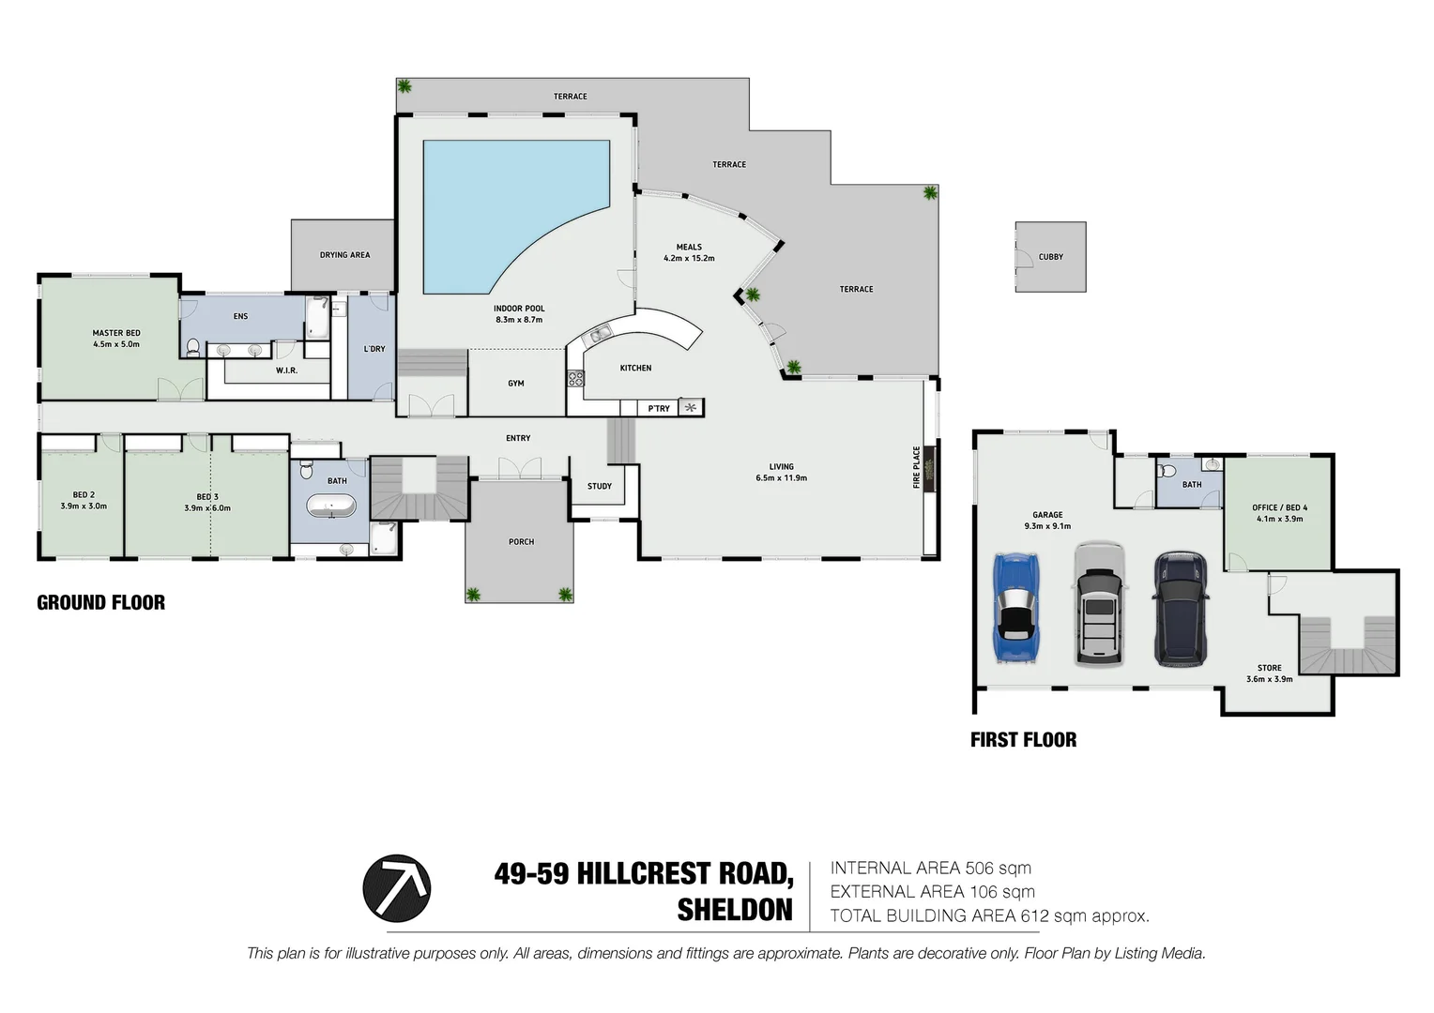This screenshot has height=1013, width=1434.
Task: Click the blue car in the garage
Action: click(1016, 608)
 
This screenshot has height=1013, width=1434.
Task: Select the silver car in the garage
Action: click(1098, 603)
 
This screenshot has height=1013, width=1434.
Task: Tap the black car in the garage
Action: click(1181, 608)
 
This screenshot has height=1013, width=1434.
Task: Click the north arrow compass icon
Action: click(397, 887)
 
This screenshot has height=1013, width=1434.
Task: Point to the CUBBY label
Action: click(1050, 257)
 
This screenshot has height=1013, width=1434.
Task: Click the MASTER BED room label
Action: click(116, 333)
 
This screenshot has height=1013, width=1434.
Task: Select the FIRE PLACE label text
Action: click(917, 467)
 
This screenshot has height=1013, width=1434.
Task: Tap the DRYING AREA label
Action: click(344, 255)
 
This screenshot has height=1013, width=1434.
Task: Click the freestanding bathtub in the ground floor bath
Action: click(331, 508)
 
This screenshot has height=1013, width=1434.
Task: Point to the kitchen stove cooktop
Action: click(575, 378)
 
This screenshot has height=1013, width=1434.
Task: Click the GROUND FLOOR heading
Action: click(100, 603)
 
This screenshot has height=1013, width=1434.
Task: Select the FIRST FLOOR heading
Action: click(1023, 740)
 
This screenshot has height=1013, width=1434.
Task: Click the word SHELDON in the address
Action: click(735, 911)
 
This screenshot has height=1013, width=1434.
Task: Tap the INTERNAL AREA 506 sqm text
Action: click(930, 869)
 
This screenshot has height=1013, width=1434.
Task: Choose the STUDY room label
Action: click(600, 486)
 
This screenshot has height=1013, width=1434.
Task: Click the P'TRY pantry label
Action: click(659, 408)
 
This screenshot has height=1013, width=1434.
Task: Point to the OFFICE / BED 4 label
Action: click(1279, 507)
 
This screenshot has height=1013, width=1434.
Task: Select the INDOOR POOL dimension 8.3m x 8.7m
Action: click(519, 320)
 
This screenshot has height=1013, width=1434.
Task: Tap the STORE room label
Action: click(1269, 668)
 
